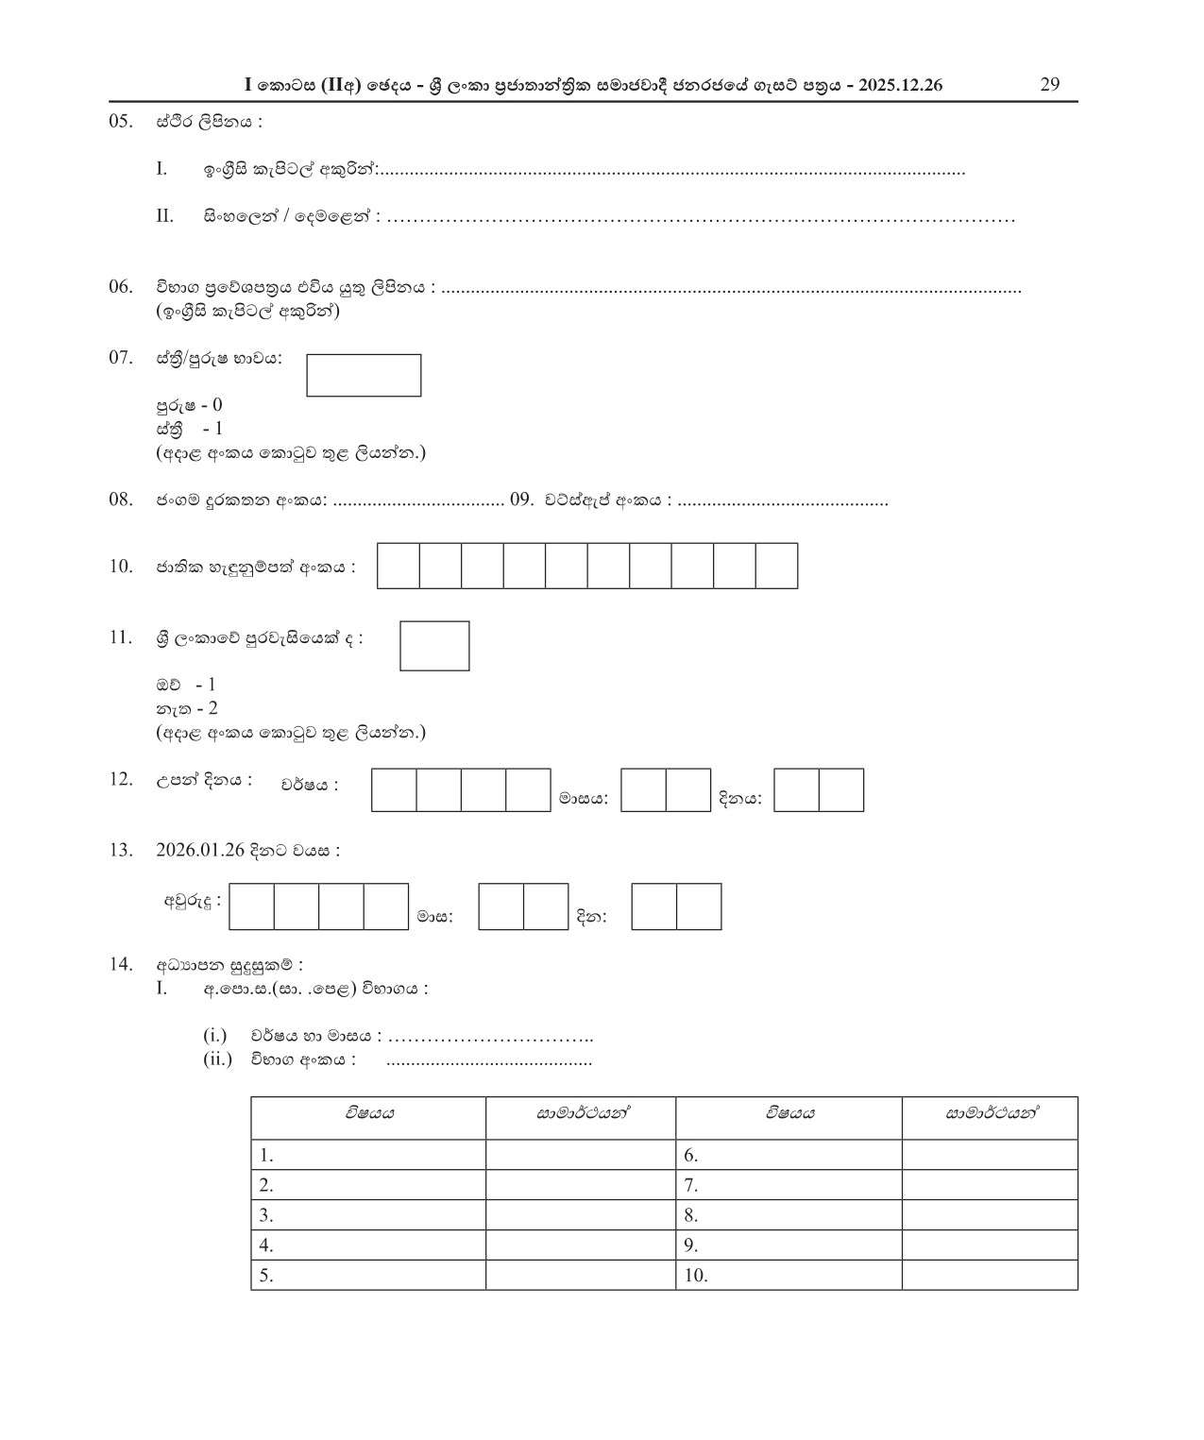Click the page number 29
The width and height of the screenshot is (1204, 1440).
tap(1049, 84)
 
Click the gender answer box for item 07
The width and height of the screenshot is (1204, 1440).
tap(364, 376)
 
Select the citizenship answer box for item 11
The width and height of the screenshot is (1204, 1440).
tap(434, 646)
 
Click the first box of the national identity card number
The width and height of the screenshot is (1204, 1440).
tap(399, 566)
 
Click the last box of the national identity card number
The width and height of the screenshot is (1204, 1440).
tap(776, 566)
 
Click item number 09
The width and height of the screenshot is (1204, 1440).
tap(522, 500)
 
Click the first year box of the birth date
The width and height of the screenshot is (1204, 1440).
tap(394, 790)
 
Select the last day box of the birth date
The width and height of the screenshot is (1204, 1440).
tap(840, 790)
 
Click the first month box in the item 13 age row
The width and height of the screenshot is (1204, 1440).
tap(501, 906)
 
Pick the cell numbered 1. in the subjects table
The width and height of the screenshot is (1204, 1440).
tap(367, 1155)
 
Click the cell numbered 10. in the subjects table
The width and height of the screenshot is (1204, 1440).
tap(789, 1276)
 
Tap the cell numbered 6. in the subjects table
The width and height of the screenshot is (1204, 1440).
tap(789, 1155)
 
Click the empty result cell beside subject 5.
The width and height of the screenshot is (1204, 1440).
tap(580, 1276)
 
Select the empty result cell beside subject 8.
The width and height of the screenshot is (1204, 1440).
tap(989, 1215)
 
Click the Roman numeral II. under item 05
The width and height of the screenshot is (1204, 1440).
tap(165, 216)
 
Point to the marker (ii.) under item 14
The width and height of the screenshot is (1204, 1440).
tap(217, 1059)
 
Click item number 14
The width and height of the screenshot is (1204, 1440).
tap(120, 964)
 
